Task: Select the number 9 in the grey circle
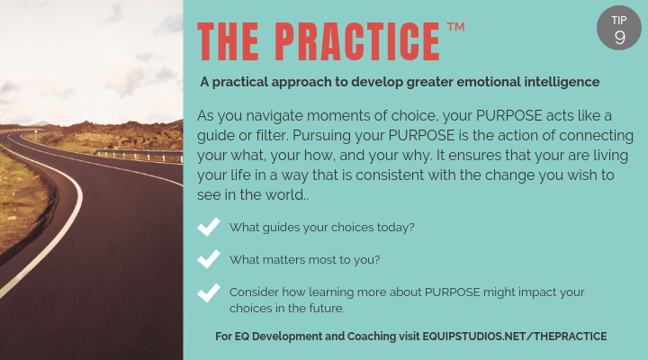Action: click(x=620, y=37)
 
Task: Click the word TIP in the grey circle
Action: click(x=620, y=19)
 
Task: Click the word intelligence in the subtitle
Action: click(x=556, y=82)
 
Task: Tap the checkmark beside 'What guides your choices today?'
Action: click(x=209, y=227)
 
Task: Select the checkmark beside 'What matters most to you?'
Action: click(x=209, y=258)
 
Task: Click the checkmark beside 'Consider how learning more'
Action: click(x=209, y=293)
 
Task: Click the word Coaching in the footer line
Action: click(x=365, y=336)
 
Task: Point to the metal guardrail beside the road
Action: click(x=135, y=155)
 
